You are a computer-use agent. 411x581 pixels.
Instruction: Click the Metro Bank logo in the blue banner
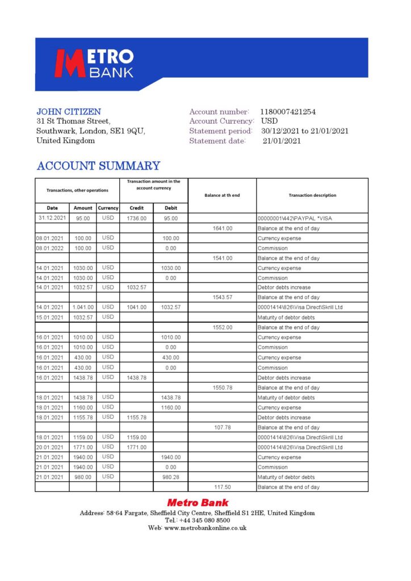tap(94, 64)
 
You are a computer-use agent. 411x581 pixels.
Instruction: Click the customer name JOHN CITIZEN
tap(69, 112)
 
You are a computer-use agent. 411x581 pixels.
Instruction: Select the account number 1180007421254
tap(288, 112)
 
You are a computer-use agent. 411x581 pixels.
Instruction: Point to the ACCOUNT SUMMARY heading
tap(98, 166)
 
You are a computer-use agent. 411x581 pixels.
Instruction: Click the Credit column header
tap(136, 208)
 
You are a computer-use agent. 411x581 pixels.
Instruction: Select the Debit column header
tap(170, 208)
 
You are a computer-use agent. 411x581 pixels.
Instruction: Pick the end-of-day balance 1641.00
tap(222, 228)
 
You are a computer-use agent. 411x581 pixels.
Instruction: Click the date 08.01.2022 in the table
tap(52, 248)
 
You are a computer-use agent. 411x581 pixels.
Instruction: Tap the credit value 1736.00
tap(136, 218)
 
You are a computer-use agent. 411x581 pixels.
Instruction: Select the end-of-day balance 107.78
tap(222, 427)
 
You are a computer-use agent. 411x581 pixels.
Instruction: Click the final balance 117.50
tap(222, 487)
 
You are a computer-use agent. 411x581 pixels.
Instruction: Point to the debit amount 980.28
tap(170, 477)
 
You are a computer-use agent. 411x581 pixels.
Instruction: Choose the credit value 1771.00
tap(136, 447)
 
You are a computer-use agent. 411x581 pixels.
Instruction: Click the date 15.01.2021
tap(52, 317)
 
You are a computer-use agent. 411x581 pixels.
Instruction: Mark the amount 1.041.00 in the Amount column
tap(83, 307)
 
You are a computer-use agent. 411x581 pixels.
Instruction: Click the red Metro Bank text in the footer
tap(198, 503)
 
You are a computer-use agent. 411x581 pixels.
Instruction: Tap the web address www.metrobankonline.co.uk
tap(205, 528)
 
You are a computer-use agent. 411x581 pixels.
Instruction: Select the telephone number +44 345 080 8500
tap(205, 520)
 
